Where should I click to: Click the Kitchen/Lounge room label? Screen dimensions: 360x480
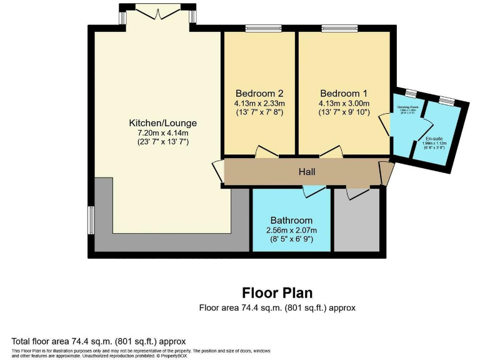162,123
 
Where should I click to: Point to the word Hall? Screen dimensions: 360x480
306,172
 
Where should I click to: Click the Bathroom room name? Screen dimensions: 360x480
291,221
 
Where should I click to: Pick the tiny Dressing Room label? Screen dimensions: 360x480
406,107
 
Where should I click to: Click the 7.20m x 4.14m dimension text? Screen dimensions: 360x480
162,132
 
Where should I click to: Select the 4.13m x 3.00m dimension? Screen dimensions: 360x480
344,104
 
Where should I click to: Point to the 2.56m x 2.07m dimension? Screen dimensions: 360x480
291,230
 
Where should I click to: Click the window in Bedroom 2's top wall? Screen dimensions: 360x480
263,28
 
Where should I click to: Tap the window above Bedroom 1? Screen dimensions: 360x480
339,28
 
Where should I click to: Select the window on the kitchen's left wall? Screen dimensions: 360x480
91,220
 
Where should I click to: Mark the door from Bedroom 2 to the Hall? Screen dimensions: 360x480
266,152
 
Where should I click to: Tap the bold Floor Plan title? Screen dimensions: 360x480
277,292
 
